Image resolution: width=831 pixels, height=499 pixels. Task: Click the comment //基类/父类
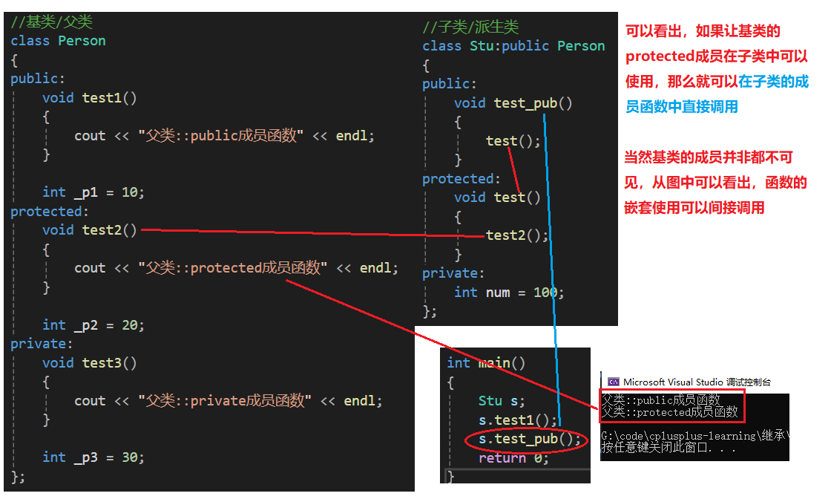pyautogui.click(x=51, y=22)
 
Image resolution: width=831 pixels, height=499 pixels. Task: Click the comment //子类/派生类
pyautogui.click(x=470, y=27)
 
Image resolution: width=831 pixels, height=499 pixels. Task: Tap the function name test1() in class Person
pyautogui.click(x=109, y=97)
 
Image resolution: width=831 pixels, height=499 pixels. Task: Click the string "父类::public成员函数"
pyautogui.click(x=220, y=136)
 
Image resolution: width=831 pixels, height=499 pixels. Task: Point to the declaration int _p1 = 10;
pyautogui.click(x=93, y=192)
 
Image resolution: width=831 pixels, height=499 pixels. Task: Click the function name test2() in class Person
pyautogui.click(x=109, y=230)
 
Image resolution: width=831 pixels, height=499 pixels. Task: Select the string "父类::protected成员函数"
pyautogui.click(x=231, y=268)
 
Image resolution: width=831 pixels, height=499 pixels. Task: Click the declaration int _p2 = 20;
pyautogui.click(x=93, y=325)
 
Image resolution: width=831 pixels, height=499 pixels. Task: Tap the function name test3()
pyautogui.click(x=109, y=363)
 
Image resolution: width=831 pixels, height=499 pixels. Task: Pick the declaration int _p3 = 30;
pyautogui.click(x=93, y=457)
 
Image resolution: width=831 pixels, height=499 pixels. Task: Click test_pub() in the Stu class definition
pyautogui.click(x=533, y=103)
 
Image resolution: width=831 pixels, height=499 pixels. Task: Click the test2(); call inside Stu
pyautogui.click(x=516, y=235)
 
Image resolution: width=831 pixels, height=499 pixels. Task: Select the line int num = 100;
pyautogui.click(x=509, y=293)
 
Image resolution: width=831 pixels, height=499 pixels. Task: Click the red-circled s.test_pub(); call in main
pyautogui.click(x=529, y=440)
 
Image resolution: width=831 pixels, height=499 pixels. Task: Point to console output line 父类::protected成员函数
pyautogui.click(x=670, y=411)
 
